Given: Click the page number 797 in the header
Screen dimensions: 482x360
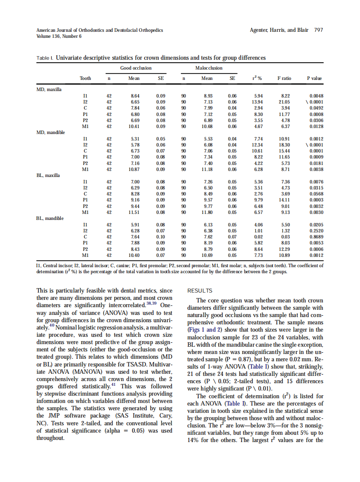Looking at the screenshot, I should (x=318, y=30).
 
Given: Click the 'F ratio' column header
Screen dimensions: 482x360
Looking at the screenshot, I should (x=284, y=78).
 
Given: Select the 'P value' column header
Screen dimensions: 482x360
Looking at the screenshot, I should (x=314, y=78).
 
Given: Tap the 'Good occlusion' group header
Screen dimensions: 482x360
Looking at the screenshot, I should (x=136, y=68).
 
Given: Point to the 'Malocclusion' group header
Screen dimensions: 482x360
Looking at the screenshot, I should (x=209, y=68).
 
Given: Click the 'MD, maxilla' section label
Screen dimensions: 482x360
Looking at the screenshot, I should (x=49, y=89).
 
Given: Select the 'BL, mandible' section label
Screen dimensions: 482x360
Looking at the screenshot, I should (x=50, y=218).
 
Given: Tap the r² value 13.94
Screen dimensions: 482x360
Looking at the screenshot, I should (x=258, y=102).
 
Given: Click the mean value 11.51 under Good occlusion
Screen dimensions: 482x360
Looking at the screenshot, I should (x=134, y=212).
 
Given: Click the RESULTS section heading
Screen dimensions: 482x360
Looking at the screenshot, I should (x=200, y=291).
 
